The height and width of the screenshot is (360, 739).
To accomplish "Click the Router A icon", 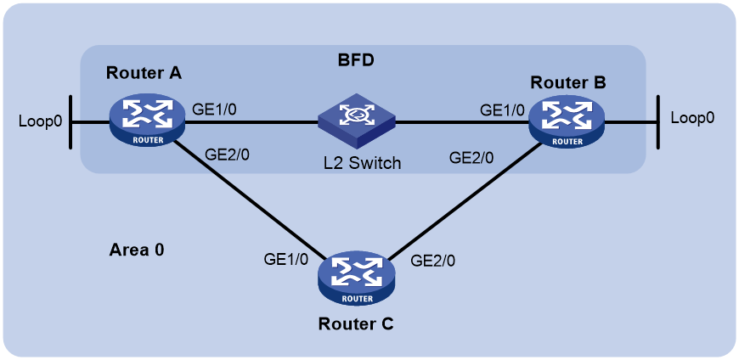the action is pyautogui.click(x=147, y=122).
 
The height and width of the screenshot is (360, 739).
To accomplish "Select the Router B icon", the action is pyautogui.click(x=566, y=122).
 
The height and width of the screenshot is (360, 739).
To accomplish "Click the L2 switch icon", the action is pyautogui.click(x=356, y=120).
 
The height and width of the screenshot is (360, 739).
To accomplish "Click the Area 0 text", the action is pyautogui.click(x=137, y=250).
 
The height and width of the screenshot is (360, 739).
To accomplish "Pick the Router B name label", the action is pyautogui.click(x=568, y=82).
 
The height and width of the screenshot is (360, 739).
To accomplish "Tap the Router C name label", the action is pyautogui.click(x=356, y=324).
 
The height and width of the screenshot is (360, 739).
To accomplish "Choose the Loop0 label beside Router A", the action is pyautogui.click(x=40, y=121).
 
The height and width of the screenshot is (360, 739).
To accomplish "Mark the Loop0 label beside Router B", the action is pyautogui.click(x=692, y=117).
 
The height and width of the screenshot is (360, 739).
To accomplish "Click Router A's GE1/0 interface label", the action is pyautogui.click(x=214, y=110).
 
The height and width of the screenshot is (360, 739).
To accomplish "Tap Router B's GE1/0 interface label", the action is pyautogui.click(x=502, y=110).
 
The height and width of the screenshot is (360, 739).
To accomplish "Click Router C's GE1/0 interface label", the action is pyautogui.click(x=286, y=259).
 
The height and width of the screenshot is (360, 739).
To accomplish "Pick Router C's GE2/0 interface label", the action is pyautogui.click(x=433, y=260).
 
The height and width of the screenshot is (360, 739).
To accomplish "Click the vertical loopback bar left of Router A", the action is pyautogui.click(x=71, y=122).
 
